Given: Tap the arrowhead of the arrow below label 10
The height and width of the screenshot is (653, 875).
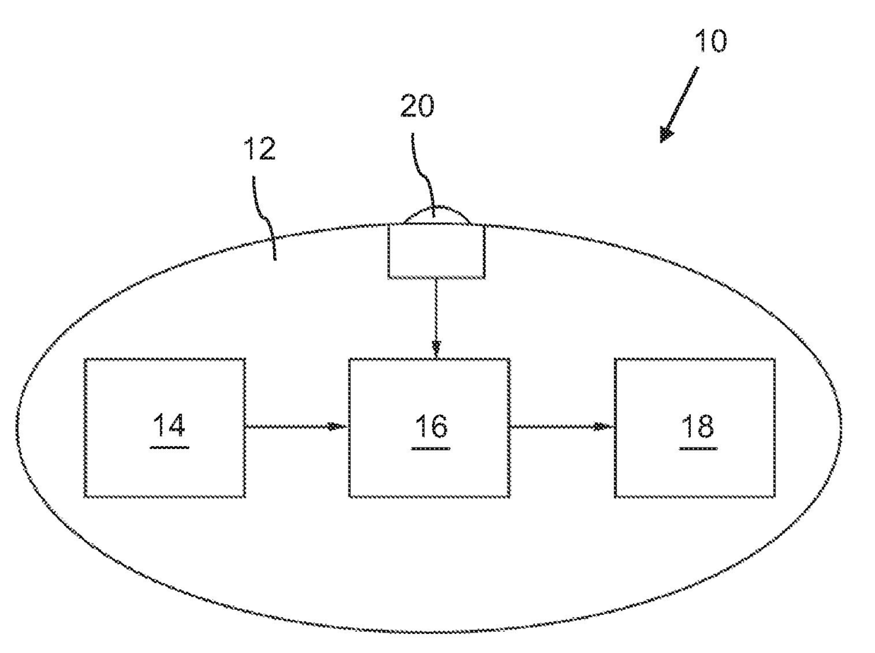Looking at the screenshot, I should [665, 134].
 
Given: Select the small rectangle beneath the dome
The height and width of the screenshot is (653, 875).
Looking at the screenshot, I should [437, 251].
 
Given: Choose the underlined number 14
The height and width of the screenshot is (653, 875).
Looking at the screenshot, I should [169, 428].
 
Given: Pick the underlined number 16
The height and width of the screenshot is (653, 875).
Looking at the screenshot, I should [430, 428].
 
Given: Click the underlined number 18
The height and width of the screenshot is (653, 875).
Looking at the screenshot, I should [696, 428].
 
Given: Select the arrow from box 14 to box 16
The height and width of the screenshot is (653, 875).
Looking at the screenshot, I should [296, 426].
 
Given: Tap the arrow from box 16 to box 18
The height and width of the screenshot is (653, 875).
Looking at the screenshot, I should [561, 426].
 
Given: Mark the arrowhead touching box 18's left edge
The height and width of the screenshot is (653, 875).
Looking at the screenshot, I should [602, 426].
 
